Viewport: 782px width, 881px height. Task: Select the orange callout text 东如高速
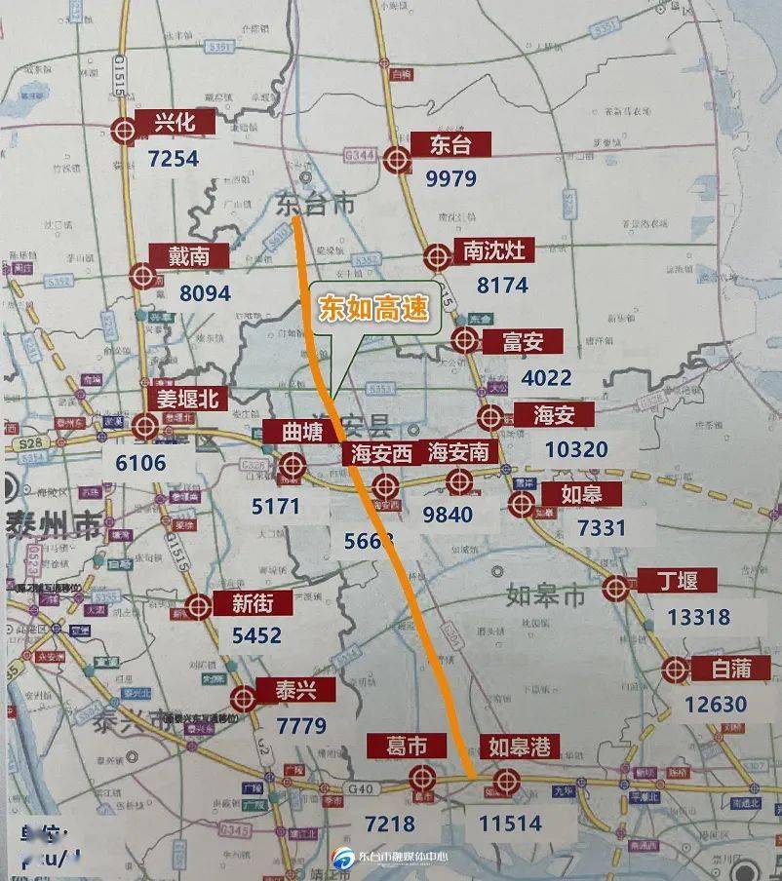[x=373, y=309]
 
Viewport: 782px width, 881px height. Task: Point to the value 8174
[x=502, y=286]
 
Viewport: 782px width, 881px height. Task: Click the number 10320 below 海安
[x=577, y=450]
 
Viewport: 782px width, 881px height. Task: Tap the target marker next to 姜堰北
[x=146, y=425]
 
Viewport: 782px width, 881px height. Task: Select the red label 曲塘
[x=302, y=432]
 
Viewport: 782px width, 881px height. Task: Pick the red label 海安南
[x=463, y=452]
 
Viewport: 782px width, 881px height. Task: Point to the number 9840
[x=448, y=515]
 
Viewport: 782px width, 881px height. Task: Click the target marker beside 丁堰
[x=615, y=588]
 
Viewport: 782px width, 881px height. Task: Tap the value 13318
[x=699, y=617]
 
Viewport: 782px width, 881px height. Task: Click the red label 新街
[x=253, y=603]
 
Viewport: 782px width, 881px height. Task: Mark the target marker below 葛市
[x=421, y=778]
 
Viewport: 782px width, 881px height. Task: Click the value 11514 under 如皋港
[x=510, y=824]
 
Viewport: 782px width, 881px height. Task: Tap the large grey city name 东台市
[x=315, y=204]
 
